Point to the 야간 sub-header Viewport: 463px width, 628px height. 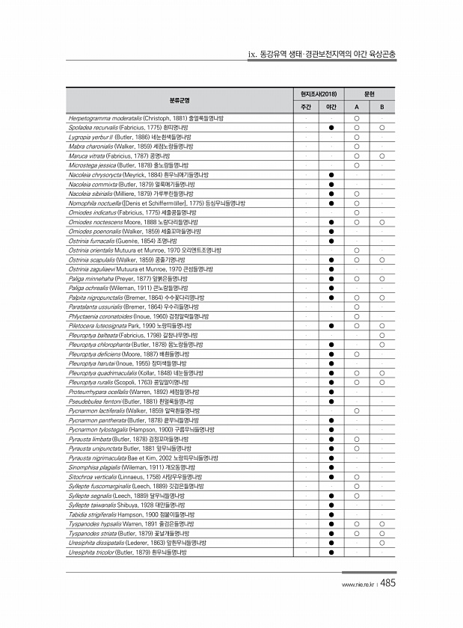(331, 107)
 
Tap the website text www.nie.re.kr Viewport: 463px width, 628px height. (357, 585)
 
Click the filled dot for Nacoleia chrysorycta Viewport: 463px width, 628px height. (331, 175)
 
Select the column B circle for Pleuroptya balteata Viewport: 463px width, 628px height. (382, 335)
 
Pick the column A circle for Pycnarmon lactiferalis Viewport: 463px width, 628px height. (358, 412)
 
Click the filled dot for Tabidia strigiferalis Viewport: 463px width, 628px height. (331, 514)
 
